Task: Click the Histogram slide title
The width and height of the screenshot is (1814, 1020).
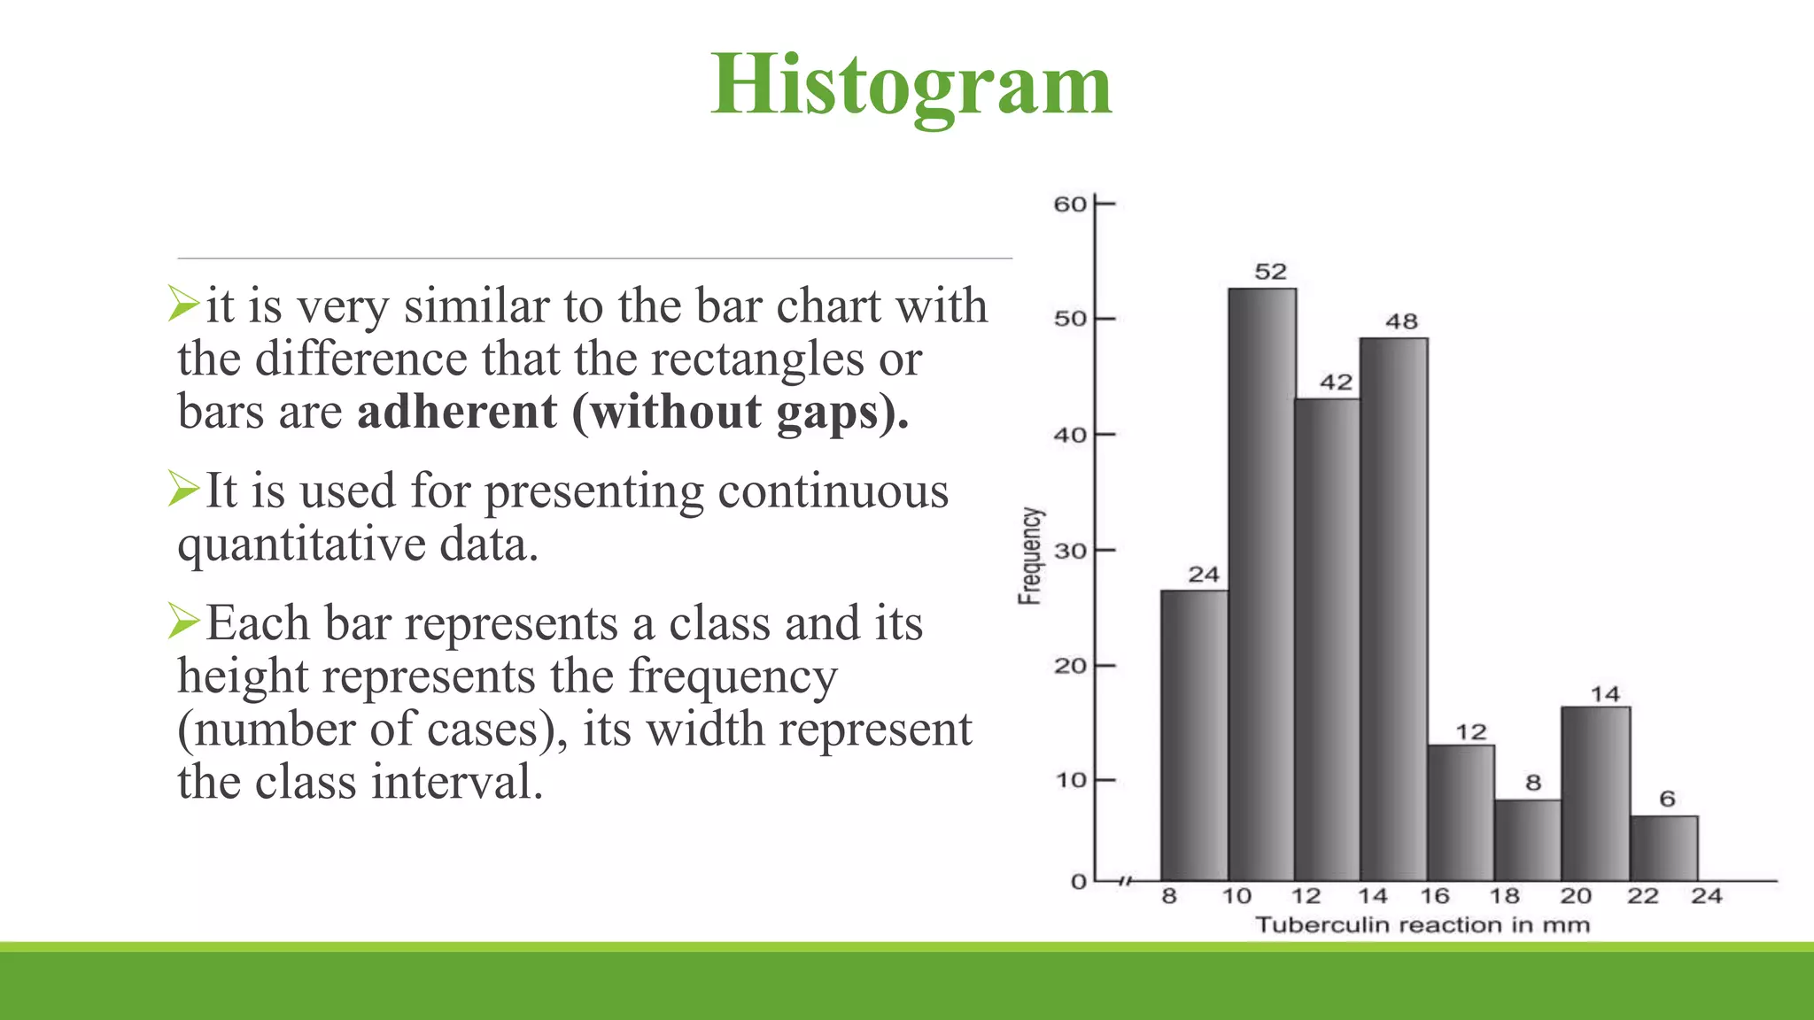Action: [x=911, y=85]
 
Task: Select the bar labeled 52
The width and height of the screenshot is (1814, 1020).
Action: [x=1261, y=584]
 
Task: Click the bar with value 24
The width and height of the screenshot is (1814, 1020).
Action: [x=1194, y=735]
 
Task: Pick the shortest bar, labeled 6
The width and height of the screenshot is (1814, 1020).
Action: [x=1663, y=848]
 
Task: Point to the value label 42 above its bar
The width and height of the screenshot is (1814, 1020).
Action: [x=1336, y=382]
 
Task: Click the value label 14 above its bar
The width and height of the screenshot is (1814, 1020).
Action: [x=1604, y=694]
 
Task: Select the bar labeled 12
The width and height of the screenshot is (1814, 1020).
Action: [x=1461, y=813]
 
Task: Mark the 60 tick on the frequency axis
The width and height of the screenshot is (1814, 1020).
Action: [x=1070, y=205]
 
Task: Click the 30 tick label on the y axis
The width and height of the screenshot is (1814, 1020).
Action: [x=1070, y=551]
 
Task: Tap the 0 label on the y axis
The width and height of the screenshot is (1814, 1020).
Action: [x=1078, y=882]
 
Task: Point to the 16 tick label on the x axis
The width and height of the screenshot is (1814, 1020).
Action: [x=1435, y=896]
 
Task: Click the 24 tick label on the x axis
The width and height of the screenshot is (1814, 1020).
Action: [x=1706, y=896]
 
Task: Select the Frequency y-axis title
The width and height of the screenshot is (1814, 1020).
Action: [x=1030, y=556]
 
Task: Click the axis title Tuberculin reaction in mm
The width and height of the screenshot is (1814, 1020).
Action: [x=1423, y=925]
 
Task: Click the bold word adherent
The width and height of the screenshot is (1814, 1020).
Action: [x=457, y=413]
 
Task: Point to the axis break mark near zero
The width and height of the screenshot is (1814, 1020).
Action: [x=1125, y=881]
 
